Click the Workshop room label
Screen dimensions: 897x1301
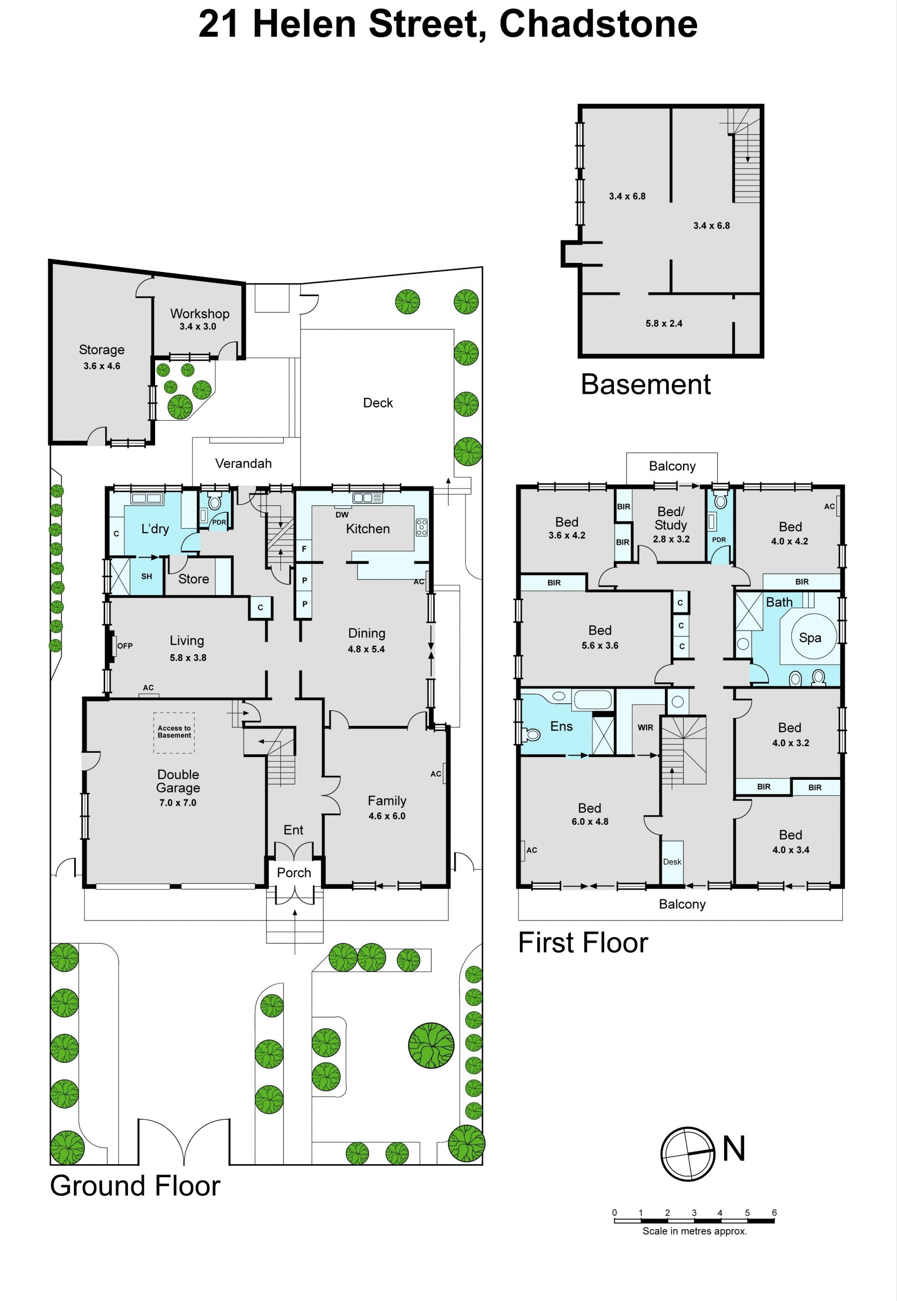199,313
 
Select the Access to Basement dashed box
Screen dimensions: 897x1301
174,733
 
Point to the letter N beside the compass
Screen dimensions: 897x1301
733,1149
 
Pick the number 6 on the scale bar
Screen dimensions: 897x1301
774,1212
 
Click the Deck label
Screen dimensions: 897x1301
377,403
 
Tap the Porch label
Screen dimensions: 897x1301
294,872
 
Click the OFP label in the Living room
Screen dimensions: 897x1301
125,646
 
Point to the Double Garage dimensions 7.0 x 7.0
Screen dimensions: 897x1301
178,803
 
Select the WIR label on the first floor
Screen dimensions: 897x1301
645,728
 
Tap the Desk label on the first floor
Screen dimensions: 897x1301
672,862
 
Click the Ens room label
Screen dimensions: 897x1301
562,726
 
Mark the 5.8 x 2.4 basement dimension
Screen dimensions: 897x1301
664,324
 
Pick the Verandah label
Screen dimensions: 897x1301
243,463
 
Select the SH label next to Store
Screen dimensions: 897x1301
147,576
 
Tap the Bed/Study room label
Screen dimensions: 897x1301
671,518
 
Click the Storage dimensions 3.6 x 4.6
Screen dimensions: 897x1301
102,366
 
